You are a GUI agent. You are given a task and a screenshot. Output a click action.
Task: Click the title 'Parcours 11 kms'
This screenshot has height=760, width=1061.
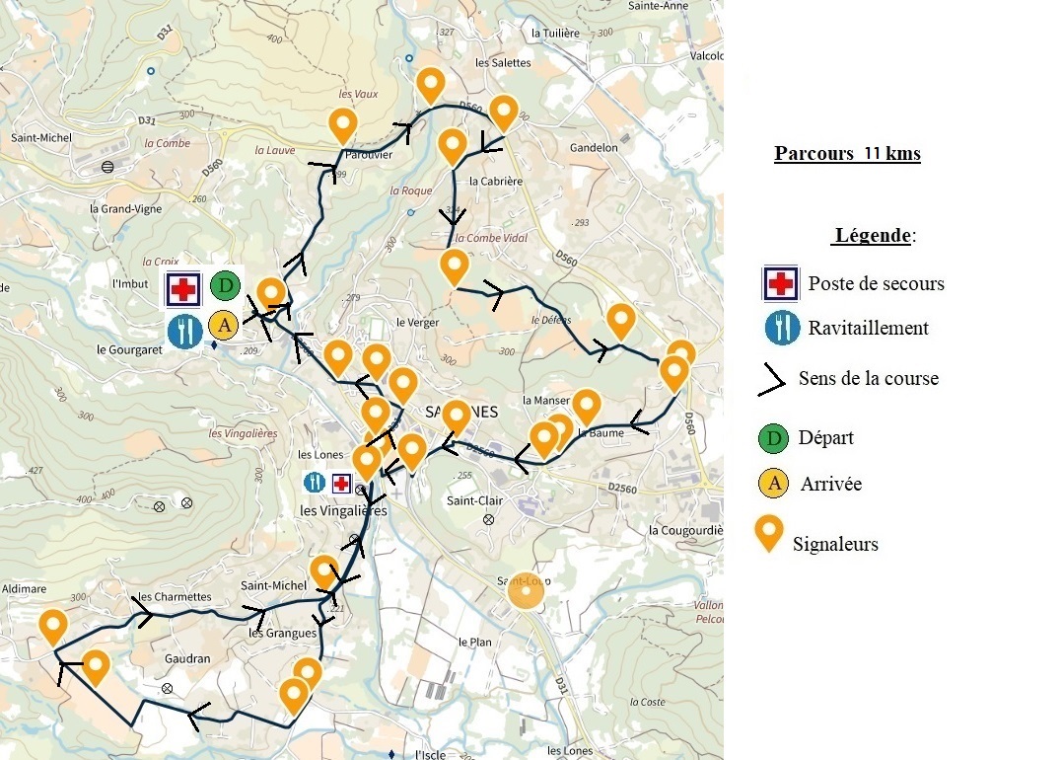click(x=847, y=154)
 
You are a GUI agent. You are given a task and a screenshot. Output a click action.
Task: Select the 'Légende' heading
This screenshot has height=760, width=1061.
click(x=874, y=237)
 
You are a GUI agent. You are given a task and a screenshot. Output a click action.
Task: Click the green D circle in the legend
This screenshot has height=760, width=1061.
click(x=775, y=437)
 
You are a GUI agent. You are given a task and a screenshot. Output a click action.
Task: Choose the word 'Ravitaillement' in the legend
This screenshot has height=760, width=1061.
click(x=869, y=328)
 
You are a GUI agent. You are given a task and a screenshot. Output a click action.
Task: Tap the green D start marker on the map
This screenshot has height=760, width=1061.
click(x=225, y=287)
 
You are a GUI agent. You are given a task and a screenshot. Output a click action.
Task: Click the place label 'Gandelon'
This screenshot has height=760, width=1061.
click(x=594, y=148)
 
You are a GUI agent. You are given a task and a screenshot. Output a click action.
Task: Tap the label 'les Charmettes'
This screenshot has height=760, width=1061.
click(x=175, y=597)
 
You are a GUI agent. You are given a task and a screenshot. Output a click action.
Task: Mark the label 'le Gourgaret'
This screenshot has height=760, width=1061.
click(x=128, y=349)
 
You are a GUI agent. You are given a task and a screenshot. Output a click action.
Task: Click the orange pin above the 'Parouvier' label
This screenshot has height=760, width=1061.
click(x=342, y=125)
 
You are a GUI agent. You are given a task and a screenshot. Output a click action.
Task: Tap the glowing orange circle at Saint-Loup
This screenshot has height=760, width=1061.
click(x=525, y=592)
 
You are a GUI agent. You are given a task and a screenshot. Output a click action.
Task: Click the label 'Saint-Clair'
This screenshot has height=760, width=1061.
click(x=475, y=501)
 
